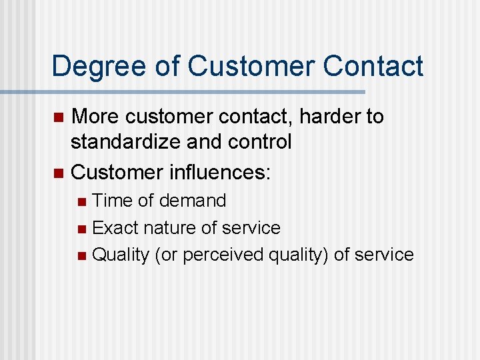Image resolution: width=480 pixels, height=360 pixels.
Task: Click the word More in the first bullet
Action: pyautogui.click(x=95, y=117)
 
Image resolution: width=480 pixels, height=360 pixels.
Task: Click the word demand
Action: pyautogui.click(x=193, y=200)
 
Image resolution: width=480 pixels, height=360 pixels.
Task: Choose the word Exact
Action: pyautogui.click(x=115, y=227)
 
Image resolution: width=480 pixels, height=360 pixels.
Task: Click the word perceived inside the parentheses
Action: pyautogui.click(x=223, y=255)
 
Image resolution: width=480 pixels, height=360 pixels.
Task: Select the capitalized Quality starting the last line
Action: pyautogui.click(x=120, y=255)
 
